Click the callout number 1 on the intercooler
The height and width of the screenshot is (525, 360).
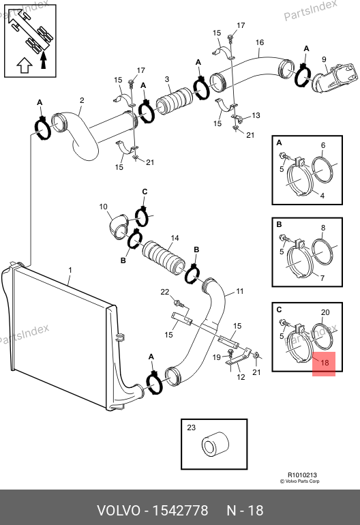click(70, 270)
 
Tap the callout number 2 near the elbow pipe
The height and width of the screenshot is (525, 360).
click(82, 100)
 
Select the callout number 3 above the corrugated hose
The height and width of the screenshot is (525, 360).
click(167, 79)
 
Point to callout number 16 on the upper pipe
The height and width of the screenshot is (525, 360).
click(260, 42)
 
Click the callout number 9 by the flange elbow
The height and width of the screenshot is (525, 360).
click(324, 59)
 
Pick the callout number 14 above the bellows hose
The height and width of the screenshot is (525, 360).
click(175, 238)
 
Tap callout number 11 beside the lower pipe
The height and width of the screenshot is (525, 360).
click(240, 291)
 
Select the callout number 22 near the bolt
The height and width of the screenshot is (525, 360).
click(165, 292)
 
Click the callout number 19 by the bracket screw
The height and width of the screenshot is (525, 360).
click(217, 357)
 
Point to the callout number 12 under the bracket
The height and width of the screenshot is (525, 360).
click(241, 377)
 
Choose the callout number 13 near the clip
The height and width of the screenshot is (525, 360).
click(256, 115)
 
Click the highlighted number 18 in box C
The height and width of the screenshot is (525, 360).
click(325, 363)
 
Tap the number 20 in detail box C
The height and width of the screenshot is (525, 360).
click(325, 312)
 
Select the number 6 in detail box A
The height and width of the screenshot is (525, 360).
click(322, 145)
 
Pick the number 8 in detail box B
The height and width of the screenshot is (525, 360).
click(322, 228)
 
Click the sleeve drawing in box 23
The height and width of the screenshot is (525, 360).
click(215, 446)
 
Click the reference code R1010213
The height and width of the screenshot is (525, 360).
click(302, 475)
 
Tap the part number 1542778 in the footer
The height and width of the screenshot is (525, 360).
click(180, 511)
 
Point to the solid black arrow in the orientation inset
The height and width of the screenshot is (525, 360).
click(43, 60)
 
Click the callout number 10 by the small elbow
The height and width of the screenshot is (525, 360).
click(103, 207)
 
